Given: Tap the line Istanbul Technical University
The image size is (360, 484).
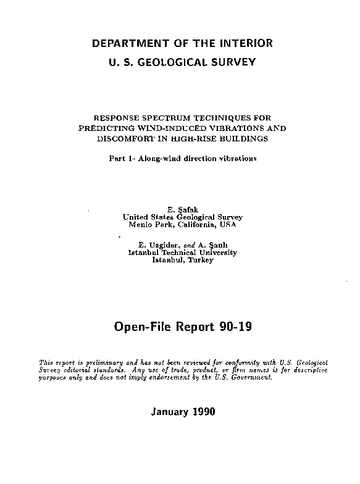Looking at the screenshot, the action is tap(182, 252).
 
